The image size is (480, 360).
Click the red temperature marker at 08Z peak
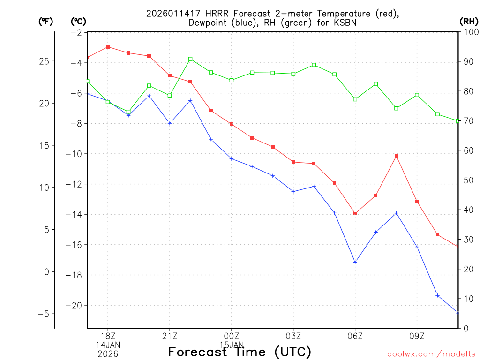pos(396,156)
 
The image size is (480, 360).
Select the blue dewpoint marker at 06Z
pos(355,262)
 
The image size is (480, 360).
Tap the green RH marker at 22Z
pos(190,59)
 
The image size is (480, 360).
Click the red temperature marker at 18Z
pos(108,47)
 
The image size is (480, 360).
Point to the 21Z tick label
pos(170,336)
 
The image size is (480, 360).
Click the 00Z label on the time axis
pos(232,336)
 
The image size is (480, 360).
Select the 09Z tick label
pos(417,336)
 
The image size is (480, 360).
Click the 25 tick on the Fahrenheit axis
pos(46,61)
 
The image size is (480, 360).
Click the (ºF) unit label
pos(46,21)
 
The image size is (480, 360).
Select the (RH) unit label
pos(469,21)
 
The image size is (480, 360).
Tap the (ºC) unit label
pos(78,21)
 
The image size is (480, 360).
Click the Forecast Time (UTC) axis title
pos(240,352)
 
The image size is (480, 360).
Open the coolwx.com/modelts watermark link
pos(431,354)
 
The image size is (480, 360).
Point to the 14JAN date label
pos(108,345)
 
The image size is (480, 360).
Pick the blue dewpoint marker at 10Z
pos(437,295)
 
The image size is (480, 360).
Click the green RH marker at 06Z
pos(355,99)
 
